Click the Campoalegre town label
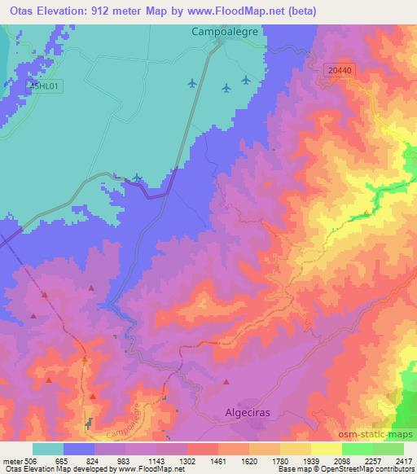[x=222, y=33]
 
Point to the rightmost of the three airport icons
[x=246, y=80]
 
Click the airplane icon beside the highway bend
[x=137, y=178]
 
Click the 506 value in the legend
[x=31, y=460]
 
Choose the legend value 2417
[x=405, y=460]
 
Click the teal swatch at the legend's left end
[x=47, y=449]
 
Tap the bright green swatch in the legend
[x=357, y=449]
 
